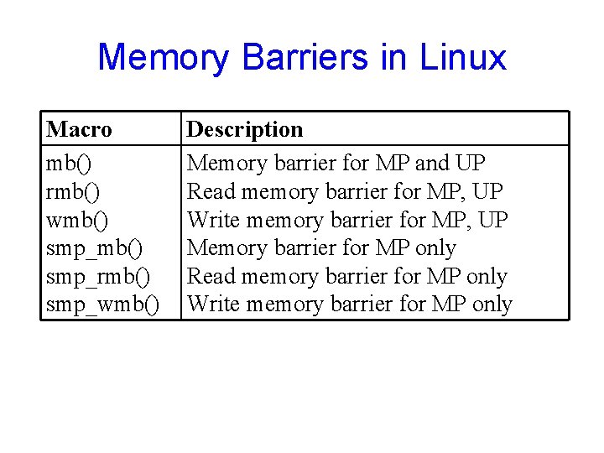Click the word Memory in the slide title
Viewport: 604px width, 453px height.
point(163,57)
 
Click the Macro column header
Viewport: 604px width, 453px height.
point(79,129)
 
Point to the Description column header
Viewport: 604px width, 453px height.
point(244,129)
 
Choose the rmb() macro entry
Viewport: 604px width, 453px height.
point(73,191)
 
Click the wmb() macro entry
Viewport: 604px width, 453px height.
point(77,220)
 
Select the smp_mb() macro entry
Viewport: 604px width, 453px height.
point(95,248)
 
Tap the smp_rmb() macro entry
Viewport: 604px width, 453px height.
point(99,277)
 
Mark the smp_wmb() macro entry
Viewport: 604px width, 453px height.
point(102,305)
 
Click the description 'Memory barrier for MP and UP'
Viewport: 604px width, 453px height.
point(336,163)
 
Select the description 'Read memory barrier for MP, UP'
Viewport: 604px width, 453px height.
point(345,191)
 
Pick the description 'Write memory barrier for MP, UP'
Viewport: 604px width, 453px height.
point(348,220)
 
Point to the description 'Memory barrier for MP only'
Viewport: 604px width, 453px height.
point(321,248)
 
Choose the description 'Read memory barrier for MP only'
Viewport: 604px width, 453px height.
point(346,277)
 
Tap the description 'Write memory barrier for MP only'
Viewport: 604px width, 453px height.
point(350,305)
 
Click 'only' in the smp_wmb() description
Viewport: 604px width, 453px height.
point(492,305)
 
